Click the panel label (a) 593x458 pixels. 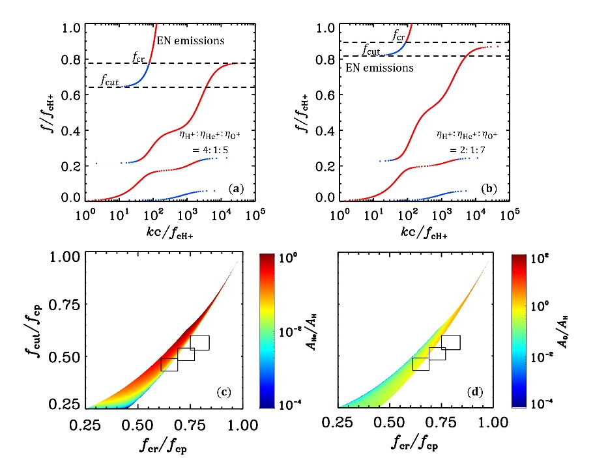(x=236, y=188)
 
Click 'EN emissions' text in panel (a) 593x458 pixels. (x=192, y=41)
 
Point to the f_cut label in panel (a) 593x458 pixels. (x=110, y=79)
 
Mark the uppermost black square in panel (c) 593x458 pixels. (x=199, y=343)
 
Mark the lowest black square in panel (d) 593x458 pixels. (x=421, y=364)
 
